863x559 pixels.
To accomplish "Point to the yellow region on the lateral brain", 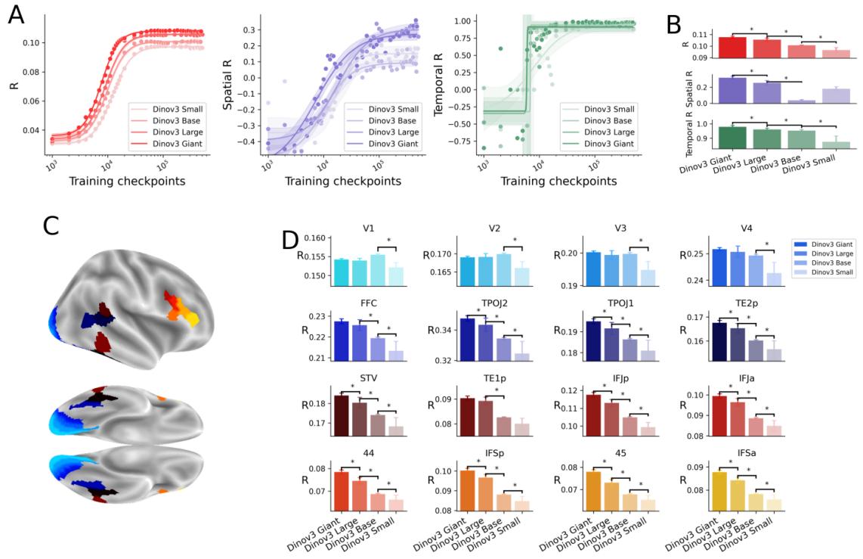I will coord(192,318).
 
